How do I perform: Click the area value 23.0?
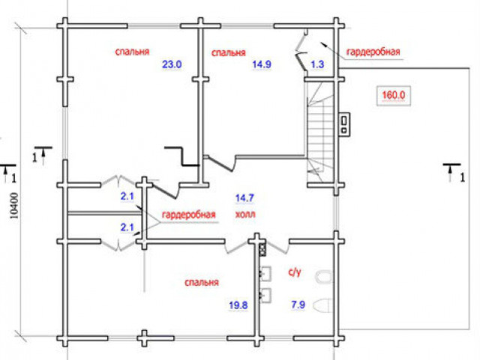coord(172,64)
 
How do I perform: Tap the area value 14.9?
coord(262,64)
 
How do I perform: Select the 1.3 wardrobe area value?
coord(317,64)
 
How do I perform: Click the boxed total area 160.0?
coord(393,95)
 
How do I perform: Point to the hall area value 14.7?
coord(244,198)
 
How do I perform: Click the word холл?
coord(245,214)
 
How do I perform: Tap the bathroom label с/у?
coord(295,271)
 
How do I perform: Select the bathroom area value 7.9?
coord(298,304)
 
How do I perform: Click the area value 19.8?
coord(238,305)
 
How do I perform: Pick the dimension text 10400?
coord(14,205)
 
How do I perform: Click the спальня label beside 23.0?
coord(132,52)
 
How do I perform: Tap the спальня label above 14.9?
coord(229,52)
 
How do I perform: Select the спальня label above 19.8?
coord(202,282)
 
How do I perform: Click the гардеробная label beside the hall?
coord(188,214)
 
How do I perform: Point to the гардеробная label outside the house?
coord(373,52)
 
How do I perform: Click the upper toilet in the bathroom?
coord(323,277)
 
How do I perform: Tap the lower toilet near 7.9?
coord(323,305)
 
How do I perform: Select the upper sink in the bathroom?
coord(265,273)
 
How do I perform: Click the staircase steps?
coord(320,132)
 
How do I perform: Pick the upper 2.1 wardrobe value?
coord(127,196)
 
